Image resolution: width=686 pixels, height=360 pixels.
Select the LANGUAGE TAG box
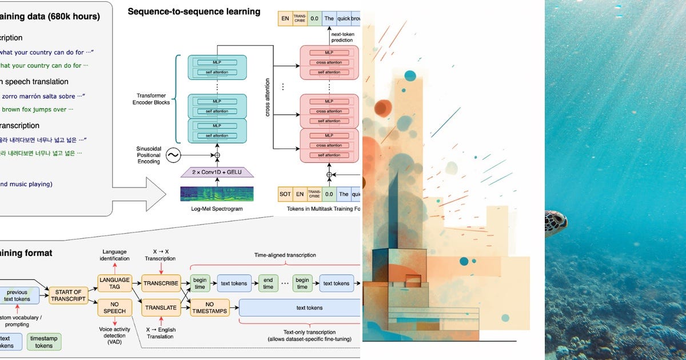point(114,283)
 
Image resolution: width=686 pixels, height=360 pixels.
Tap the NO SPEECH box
point(114,307)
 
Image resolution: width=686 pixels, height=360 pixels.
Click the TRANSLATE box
point(161,307)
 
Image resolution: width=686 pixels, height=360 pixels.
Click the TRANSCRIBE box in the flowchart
point(161,283)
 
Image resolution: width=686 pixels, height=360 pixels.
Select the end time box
point(268,283)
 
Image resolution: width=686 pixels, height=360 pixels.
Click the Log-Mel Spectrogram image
point(217,193)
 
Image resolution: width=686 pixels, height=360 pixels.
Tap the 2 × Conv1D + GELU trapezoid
point(217,173)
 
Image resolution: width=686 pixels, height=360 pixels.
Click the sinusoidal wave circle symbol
point(172,155)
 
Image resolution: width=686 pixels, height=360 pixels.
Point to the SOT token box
point(285,194)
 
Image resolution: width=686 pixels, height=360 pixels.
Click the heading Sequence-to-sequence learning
point(194,11)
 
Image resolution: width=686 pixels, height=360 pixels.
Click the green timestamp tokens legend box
point(44,342)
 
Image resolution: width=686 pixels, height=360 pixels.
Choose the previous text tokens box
point(17,295)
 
